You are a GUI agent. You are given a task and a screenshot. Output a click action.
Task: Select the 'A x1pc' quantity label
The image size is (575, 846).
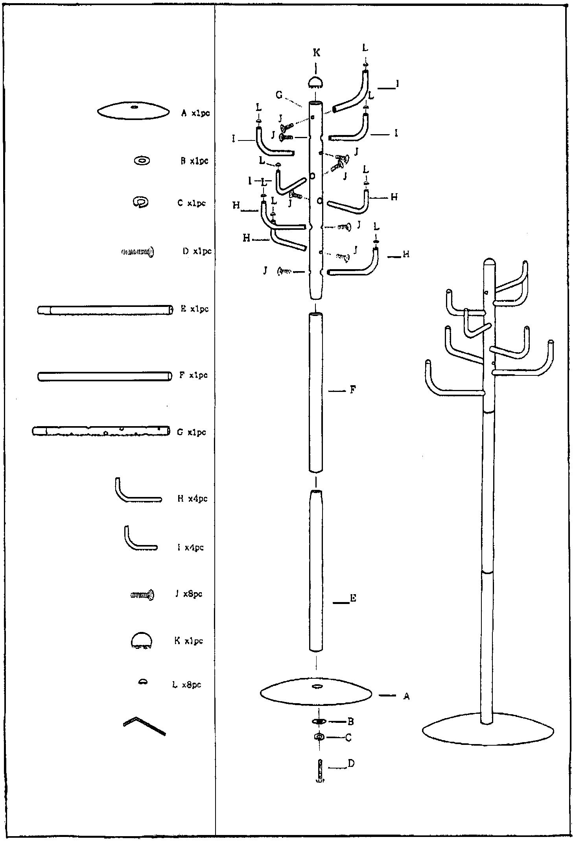(195, 113)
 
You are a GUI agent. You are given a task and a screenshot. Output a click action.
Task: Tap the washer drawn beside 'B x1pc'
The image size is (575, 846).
(142, 161)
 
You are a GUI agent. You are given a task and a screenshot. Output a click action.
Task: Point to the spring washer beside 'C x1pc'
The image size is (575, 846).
(140, 202)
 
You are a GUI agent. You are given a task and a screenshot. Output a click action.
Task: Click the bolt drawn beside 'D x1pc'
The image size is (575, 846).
(137, 251)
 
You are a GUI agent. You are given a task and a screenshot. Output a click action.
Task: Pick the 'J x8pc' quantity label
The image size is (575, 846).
(189, 594)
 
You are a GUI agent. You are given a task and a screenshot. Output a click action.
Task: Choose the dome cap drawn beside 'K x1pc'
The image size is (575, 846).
(141, 641)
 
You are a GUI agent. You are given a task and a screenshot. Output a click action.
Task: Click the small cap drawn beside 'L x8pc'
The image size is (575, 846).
(143, 682)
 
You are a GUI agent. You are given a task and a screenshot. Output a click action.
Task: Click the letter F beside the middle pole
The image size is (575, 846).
(353, 390)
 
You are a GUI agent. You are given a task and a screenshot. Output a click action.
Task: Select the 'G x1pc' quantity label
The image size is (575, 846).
(191, 432)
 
